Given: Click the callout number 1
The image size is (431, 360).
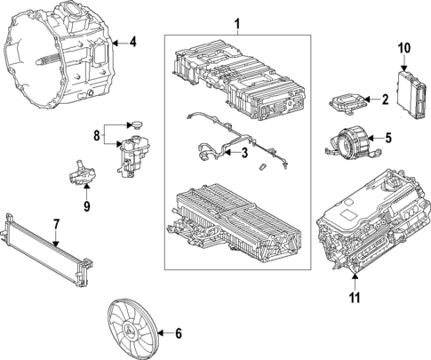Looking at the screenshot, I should (x=235, y=22).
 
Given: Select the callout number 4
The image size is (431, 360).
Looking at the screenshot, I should (x=132, y=42).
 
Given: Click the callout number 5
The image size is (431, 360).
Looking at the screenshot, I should (x=387, y=138).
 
